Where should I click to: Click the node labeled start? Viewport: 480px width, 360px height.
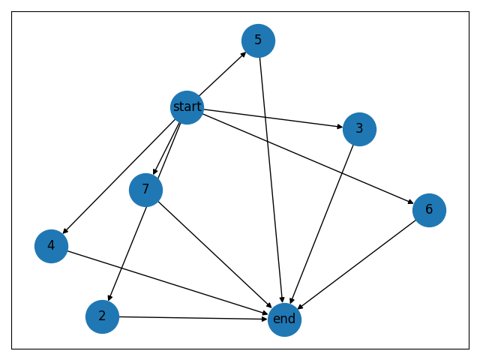coord(187,107)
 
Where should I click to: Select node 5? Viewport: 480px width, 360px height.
coord(258,40)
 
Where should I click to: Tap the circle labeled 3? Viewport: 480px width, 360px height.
coord(359,129)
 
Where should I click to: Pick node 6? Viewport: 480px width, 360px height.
coord(429,210)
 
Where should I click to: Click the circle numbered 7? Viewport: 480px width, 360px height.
coord(145,189)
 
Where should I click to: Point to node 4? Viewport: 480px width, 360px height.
coord(51,246)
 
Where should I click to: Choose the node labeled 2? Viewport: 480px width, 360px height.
coord(102,316)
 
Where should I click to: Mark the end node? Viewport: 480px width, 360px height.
coord(284,319)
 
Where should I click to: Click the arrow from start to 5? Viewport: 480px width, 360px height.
coord(223,73)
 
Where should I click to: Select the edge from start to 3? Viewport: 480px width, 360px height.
coord(273,118)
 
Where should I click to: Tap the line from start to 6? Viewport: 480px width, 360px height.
coord(307,158)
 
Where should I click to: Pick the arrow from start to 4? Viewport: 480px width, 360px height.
coord(120,175)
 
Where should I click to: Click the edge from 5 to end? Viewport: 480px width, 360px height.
coord(271,180)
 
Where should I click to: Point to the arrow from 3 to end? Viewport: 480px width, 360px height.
coord(322,224)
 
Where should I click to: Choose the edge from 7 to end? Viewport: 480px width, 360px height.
coord(214,254)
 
